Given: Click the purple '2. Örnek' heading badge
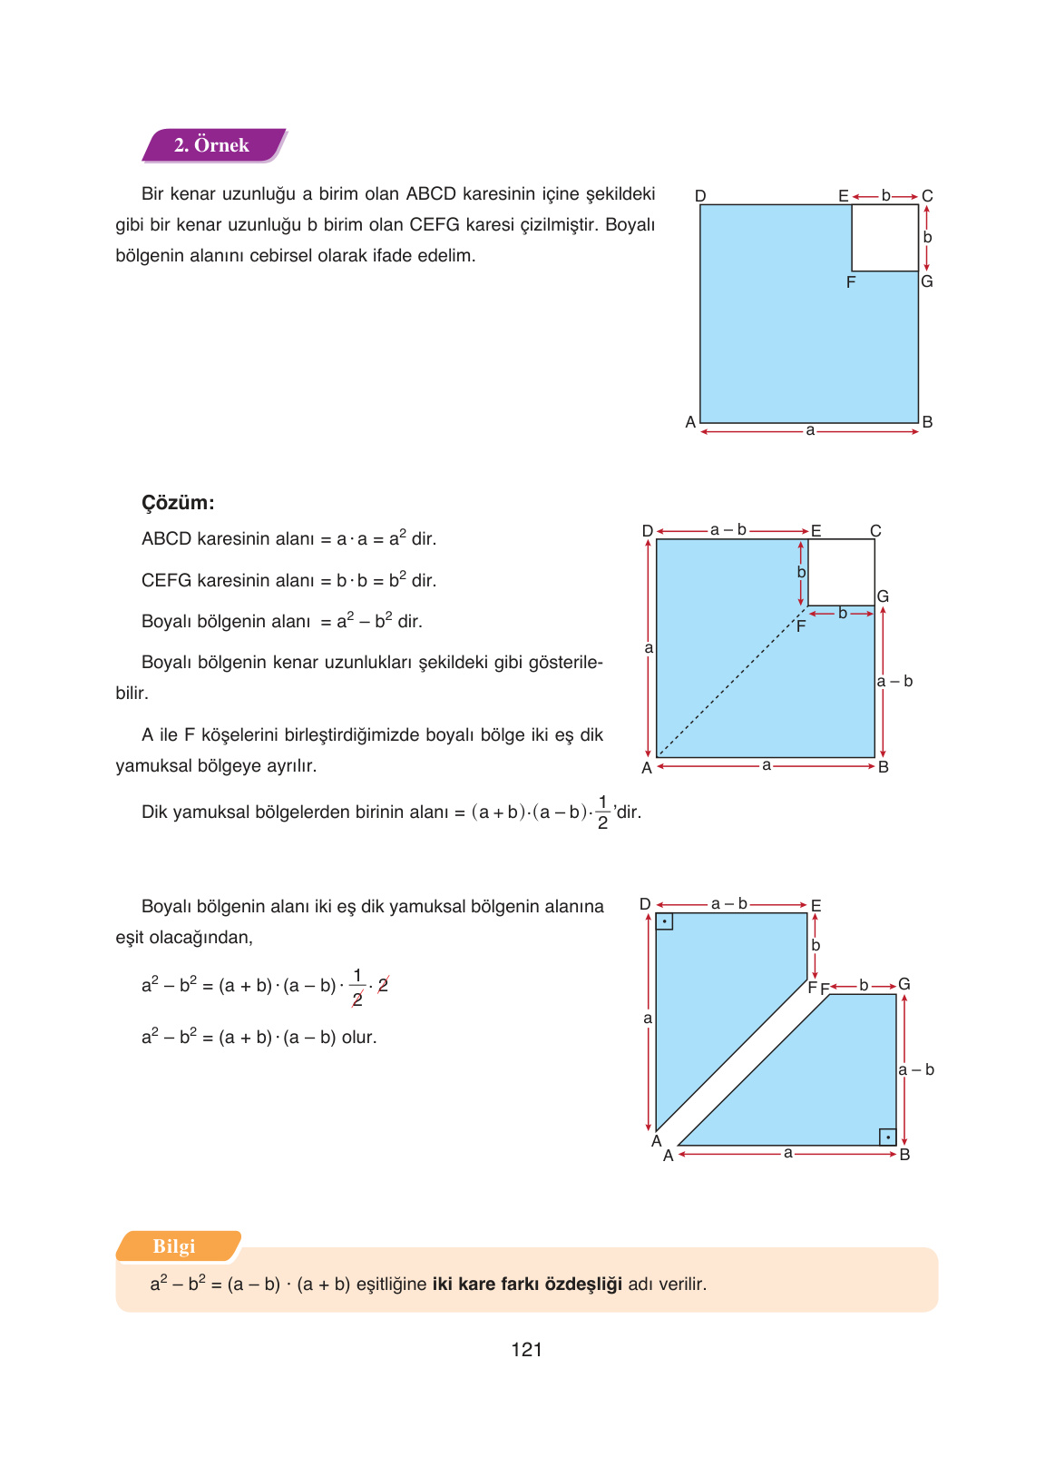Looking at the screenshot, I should pyautogui.click(x=212, y=145).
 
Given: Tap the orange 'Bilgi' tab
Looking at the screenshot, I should pyautogui.click(x=174, y=1246).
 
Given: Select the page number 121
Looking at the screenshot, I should pyautogui.click(x=526, y=1350).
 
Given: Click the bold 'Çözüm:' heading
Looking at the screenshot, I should pyautogui.click(x=178, y=503).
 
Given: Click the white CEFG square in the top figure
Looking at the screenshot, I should pyautogui.click(x=884, y=238).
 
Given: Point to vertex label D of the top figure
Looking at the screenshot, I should pyautogui.click(x=700, y=196).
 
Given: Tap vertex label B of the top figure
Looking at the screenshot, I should pyautogui.click(x=927, y=422).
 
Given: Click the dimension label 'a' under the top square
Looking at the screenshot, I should pyautogui.click(x=810, y=431).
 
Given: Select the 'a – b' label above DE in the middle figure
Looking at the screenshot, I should pyautogui.click(x=728, y=530).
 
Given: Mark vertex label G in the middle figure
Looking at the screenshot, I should pyautogui.click(x=883, y=596).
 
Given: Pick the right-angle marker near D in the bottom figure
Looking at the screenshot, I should pyautogui.click(x=665, y=922).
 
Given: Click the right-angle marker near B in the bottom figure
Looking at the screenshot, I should pyautogui.click(x=887, y=1137).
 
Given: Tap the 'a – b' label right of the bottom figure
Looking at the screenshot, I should pyautogui.click(x=916, y=1070).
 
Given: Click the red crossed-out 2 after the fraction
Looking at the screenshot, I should pyautogui.click(x=383, y=985).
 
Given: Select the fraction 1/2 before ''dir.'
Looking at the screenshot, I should pyautogui.click(x=602, y=812).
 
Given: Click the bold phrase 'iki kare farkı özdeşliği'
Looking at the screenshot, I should pyautogui.click(x=527, y=1285).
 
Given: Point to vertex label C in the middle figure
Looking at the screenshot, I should pyautogui.click(x=875, y=531).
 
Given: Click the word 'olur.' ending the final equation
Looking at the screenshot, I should pyautogui.click(x=359, y=1038).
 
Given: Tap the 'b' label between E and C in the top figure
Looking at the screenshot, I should pyautogui.click(x=886, y=196).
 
